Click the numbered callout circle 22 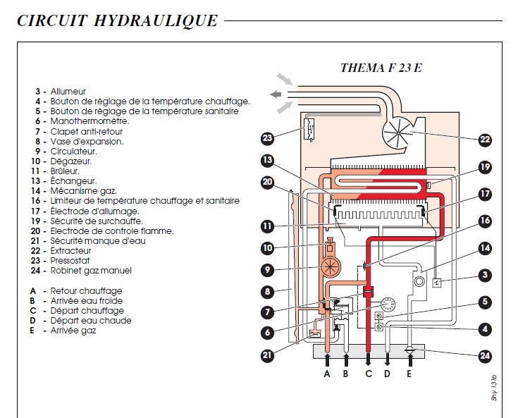[x=484, y=139]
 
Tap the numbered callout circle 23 [x=267, y=137]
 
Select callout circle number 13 [x=267, y=161]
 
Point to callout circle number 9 [x=267, y=269]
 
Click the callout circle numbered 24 [x=484, y=356]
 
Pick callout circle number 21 [x=267, y=356]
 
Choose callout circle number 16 [x=484, y=221]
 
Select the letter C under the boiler [x=368, y=374]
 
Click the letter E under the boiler [x=410, y=374]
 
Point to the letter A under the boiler [x=327, y=374]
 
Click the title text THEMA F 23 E [x=381, y=68]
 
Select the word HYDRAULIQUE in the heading [x=159, y=21]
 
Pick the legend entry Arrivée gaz [x=73, y=330]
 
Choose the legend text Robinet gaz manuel [x=91, y=270]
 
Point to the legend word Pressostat [x=70, y=260]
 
